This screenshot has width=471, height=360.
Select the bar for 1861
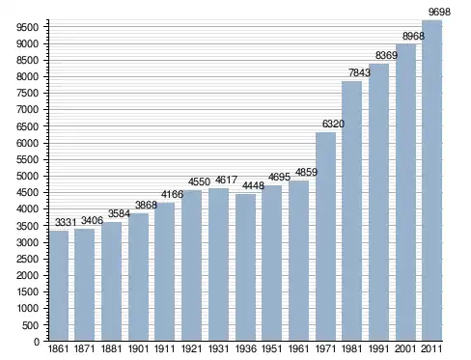(x=59, y=286)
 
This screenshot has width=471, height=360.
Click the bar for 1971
(x=325, y=236)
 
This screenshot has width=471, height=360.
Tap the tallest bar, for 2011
(x=432, y=180)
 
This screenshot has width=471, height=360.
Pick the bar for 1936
(x=245, y=267)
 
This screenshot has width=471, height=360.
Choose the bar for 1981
(x=352, y=211)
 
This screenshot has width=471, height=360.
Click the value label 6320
(x=333, y=124)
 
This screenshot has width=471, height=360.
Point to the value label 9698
(x=440, y=12)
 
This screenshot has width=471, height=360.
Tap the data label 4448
(x=253, y=185)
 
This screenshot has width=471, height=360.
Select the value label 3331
(x=66, y=222)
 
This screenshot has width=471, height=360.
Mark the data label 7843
(x=360, y=72)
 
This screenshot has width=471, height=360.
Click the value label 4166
(x=172, y=194)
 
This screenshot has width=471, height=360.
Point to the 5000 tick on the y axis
(x=27, y=177)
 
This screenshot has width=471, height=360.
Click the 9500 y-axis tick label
(x=27, y=27)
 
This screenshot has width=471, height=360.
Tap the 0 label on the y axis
(x=37, y=342)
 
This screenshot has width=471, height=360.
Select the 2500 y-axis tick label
(x=27, y=259)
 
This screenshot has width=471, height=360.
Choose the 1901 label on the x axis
(x=138, y=348)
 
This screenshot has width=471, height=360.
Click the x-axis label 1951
(x=272, y=348)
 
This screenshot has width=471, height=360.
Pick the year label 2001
(x=405, y=348)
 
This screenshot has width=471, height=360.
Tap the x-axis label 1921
(x=191, y=348)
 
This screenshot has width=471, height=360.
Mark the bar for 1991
(x=379, y=203)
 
